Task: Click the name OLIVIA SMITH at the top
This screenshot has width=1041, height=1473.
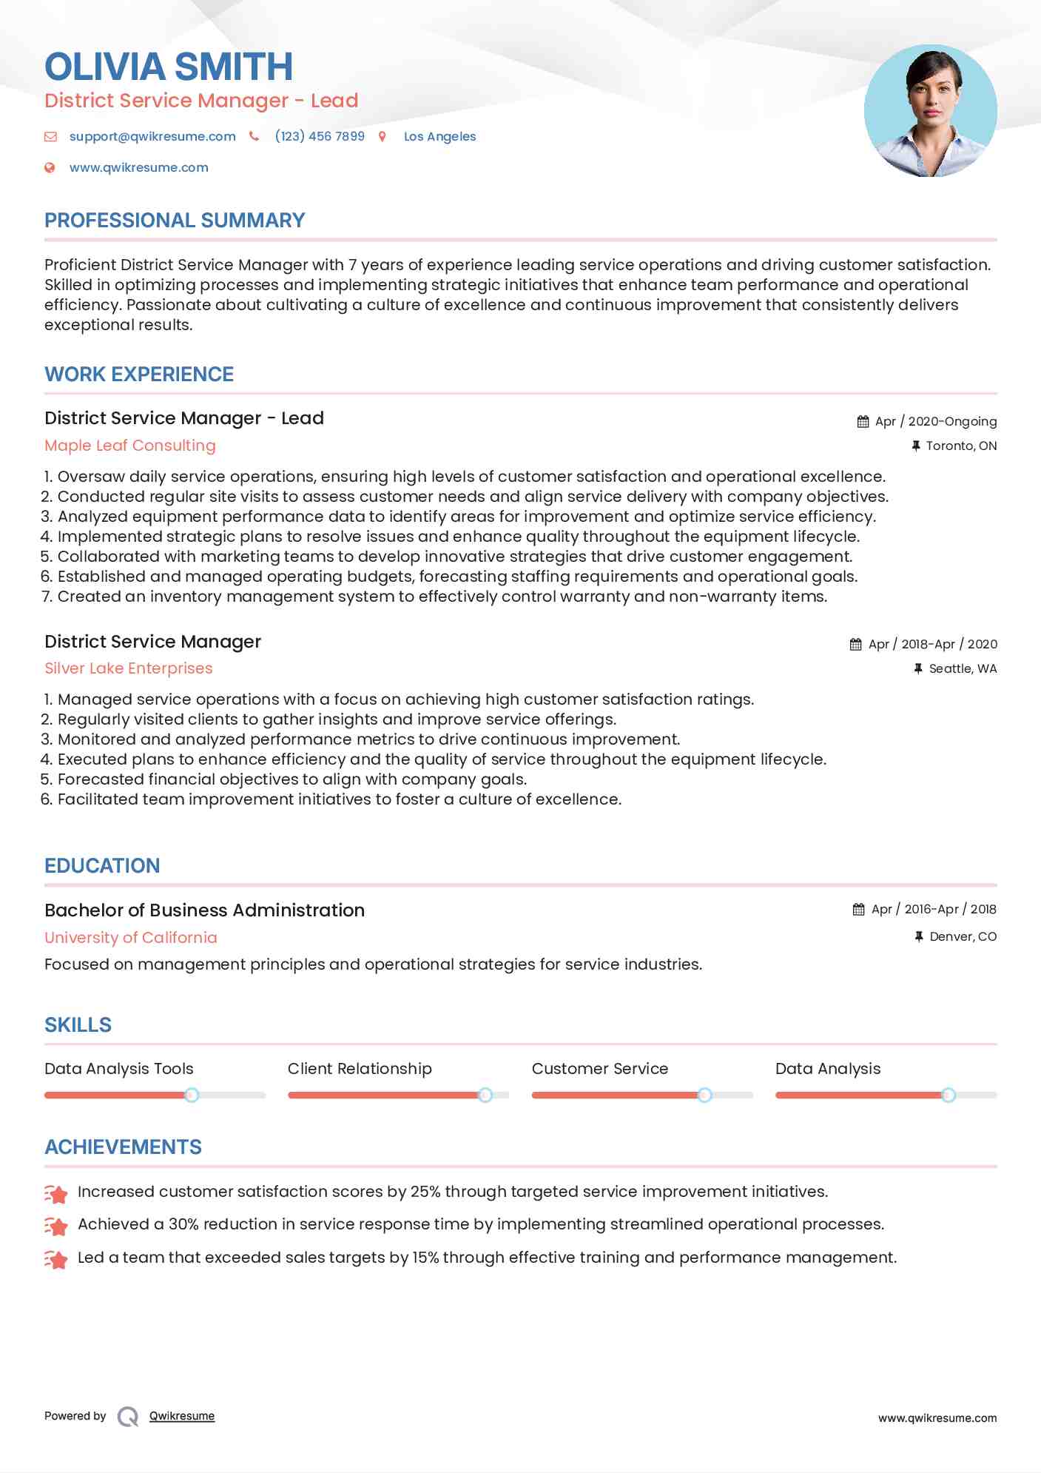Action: click(x=169, y=67)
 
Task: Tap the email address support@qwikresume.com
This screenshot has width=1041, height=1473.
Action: click(x=152, y=136)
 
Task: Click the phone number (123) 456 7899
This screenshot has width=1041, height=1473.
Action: click(x=320, y=136)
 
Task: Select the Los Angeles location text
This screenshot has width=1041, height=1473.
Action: click(x=439, y=136)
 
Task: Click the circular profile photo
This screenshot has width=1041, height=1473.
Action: click(x=930, y=111)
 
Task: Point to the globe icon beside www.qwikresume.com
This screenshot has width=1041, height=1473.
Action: click(x=50, y=167)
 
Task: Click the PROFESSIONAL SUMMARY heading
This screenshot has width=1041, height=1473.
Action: click(x=175, y=221)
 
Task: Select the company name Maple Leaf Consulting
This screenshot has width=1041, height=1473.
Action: click(x=130, y=446)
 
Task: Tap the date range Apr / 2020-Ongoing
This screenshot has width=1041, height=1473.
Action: click(x=935, y=421)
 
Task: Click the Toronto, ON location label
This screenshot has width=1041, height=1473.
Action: click(x=960, y=446)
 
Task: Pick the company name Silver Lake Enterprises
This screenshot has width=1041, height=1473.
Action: click(x=129, y=668)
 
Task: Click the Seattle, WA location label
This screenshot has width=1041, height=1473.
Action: click(x=962, y=668)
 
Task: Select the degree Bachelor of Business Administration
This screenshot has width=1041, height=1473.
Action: click(x=204, y=910)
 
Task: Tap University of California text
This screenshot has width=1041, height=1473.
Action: click(x=131, y=938)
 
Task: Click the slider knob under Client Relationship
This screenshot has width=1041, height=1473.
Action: click(x=485, y=1095)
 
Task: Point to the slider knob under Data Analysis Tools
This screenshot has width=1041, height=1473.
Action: click(x=192, y=1095)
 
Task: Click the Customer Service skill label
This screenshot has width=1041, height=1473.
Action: click(x=599, y=1069)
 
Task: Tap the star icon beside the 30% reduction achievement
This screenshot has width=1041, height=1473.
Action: click(x=56, y=1226)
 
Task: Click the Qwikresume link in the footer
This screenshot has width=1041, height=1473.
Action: click(x=182, y=1416)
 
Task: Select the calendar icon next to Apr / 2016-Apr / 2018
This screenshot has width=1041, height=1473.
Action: click(x=858, y=909)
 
